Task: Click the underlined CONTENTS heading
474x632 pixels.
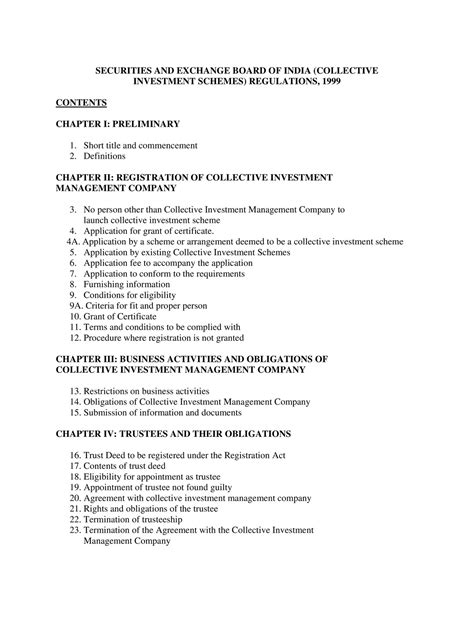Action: (81, 102)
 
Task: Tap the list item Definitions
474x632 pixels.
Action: (104, 157)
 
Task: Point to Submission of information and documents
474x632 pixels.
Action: (169, 412)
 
